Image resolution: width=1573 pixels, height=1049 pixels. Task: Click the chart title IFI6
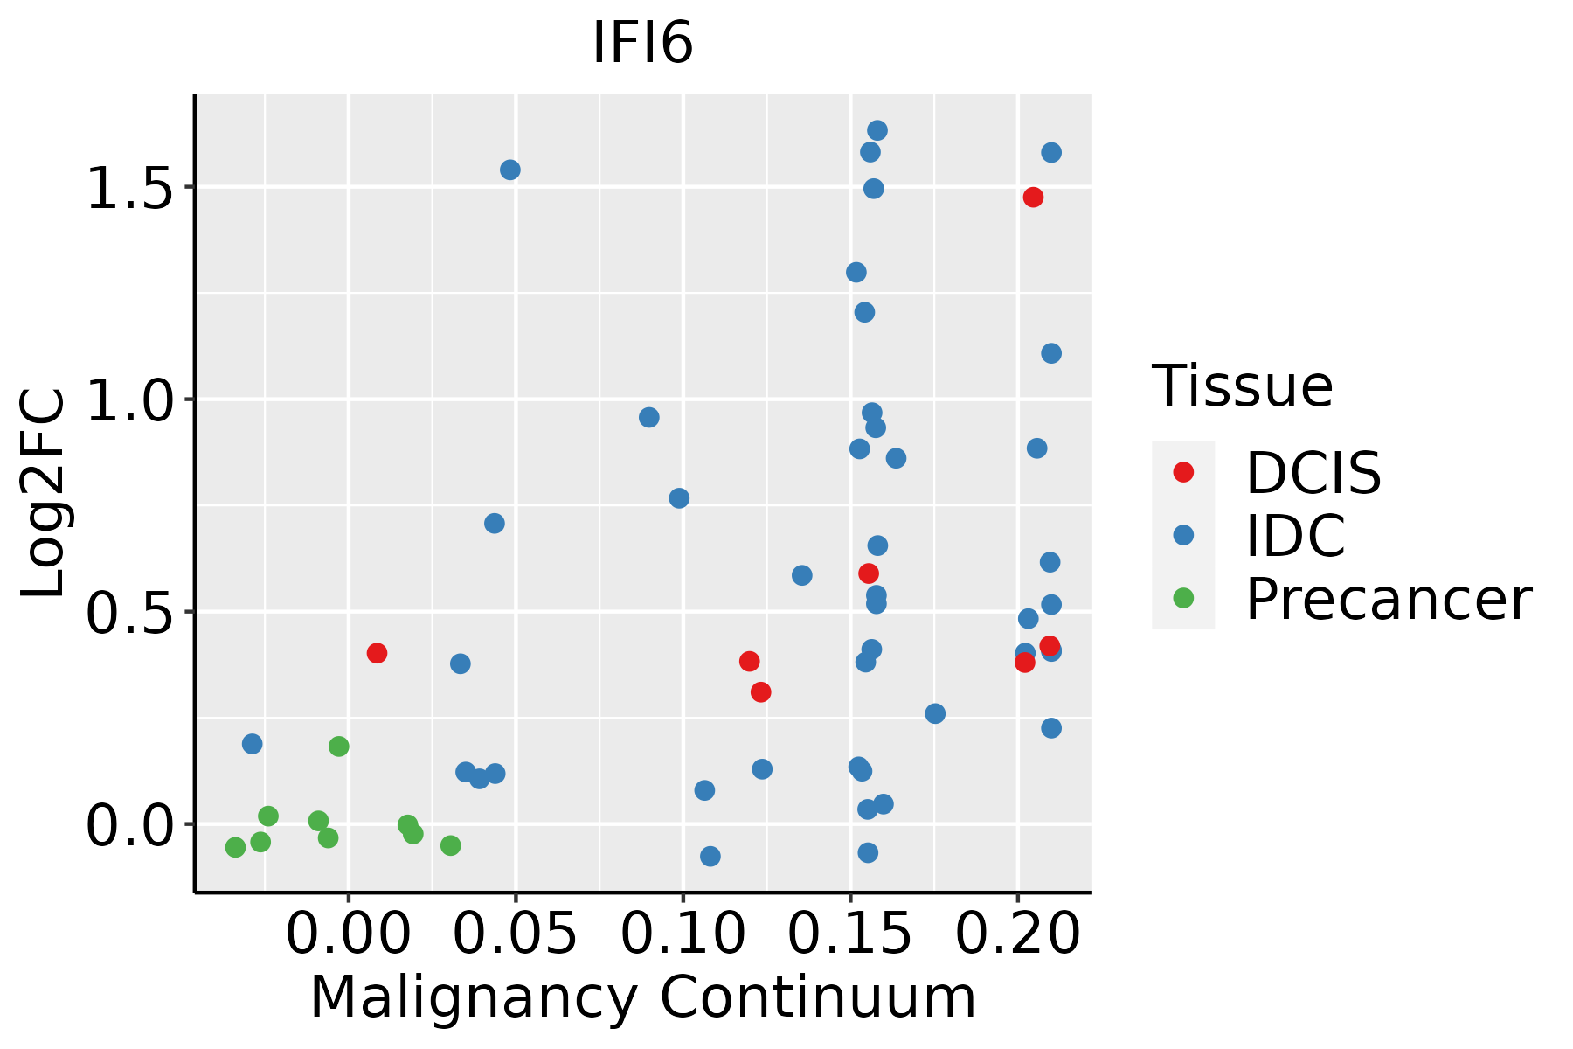pos(642,43)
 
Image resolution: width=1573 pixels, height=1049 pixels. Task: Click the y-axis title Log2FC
pos(44,494)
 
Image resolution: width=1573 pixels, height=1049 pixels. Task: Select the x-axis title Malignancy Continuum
pos(642,997)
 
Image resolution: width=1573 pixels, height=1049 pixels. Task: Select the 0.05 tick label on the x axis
pos(516,934)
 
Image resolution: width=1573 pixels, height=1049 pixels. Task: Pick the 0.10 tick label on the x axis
pos(683,934)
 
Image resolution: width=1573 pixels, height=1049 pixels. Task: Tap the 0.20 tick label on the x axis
pos(1017,934)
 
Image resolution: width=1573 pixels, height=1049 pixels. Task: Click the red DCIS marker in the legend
pos(1183,472)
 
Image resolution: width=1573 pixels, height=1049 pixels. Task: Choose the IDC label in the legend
pos(1295,536)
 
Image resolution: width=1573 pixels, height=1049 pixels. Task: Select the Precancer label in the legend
pos(1388,600)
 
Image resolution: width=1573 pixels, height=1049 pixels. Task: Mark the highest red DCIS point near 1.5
pos(1033,198)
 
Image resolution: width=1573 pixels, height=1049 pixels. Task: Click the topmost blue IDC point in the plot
pos(877,131)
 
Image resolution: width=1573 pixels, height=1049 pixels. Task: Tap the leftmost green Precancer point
pos(235,847)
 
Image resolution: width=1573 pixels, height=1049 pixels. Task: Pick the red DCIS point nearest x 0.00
pos(377,653)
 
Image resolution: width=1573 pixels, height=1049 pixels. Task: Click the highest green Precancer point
pos(339,747)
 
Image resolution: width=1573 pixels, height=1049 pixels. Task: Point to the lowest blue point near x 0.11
pos(710,857)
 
